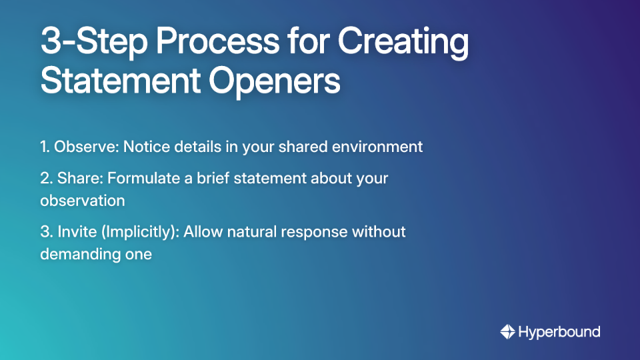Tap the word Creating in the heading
(x=403, y=43)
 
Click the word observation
(x=82, y=200)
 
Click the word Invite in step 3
(x=73, y=232)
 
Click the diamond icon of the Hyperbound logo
(x=507, y=331)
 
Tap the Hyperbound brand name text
(x=559, y=331)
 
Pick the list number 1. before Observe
(x=45, y=147)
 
